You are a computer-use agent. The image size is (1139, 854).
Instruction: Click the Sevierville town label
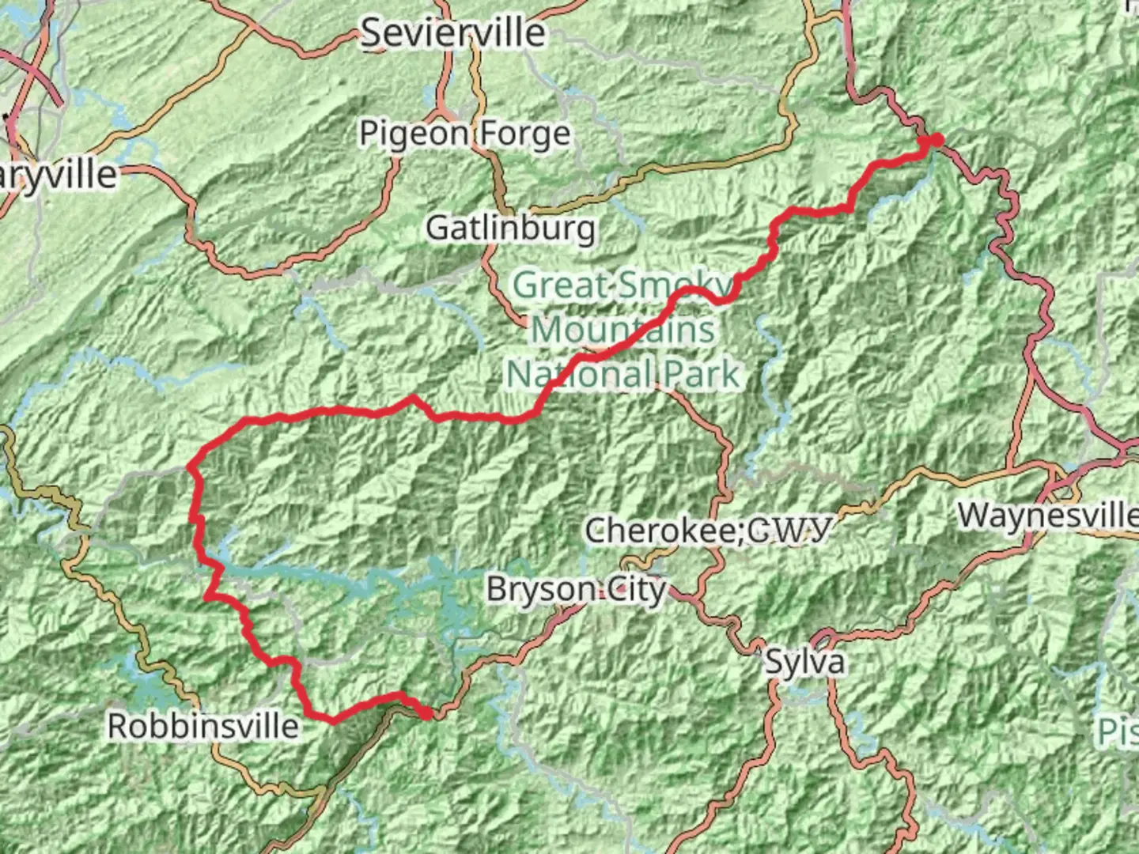point(453,33)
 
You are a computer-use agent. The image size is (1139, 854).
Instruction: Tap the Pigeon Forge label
point(464,134)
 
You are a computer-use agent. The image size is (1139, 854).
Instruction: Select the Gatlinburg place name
point(510,229)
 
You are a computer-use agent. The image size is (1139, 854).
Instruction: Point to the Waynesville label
point(1047,516)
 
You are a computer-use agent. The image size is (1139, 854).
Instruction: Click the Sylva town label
point(804,662)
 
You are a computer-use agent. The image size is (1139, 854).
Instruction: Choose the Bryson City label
point(576,589)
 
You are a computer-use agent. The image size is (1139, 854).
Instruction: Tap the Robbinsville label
point(203,726)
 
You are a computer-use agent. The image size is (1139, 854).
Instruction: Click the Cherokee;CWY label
point(708,530)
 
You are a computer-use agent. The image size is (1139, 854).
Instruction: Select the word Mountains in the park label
point(622,329)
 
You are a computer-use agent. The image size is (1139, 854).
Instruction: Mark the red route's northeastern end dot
point(937,141)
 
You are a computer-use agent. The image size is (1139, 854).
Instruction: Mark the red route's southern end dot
point(426,714)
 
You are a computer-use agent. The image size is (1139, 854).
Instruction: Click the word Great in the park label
point(562,285)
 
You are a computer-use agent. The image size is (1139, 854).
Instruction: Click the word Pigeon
point(409,134)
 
